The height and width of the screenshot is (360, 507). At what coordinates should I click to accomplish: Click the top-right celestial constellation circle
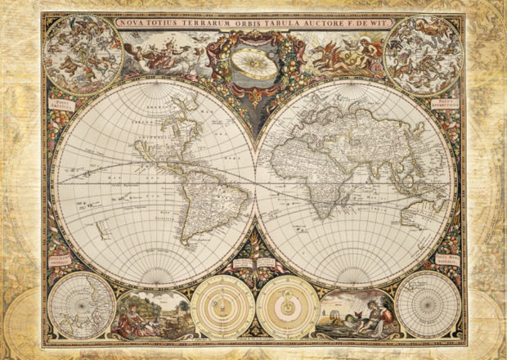[x=424, y=55]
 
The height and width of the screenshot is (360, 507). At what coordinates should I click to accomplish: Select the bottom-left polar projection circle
[x=81, y=304]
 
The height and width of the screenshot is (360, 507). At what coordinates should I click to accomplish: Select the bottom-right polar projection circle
[x=428, y=304]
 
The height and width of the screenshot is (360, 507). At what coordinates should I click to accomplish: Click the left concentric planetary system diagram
[x=223, y=307]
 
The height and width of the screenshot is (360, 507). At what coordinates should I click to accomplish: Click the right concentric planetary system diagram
[x=287, y=307]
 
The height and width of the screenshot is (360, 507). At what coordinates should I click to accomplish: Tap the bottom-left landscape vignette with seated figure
[x=154, y=313]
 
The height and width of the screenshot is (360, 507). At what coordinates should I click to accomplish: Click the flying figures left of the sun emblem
[x=168, y=57]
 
